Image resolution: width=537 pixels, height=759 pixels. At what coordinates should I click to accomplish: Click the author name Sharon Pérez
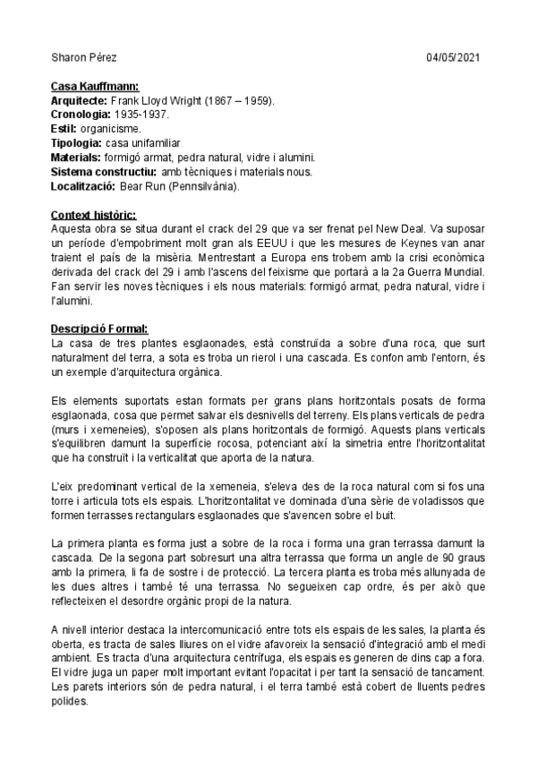pos(78,57)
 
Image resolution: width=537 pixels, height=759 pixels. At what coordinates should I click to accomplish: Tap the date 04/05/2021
pos(454,57)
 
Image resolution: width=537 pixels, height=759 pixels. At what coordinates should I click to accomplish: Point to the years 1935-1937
pos(141,116)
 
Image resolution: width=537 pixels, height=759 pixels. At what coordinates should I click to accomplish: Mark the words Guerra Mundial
pos(441,271)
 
